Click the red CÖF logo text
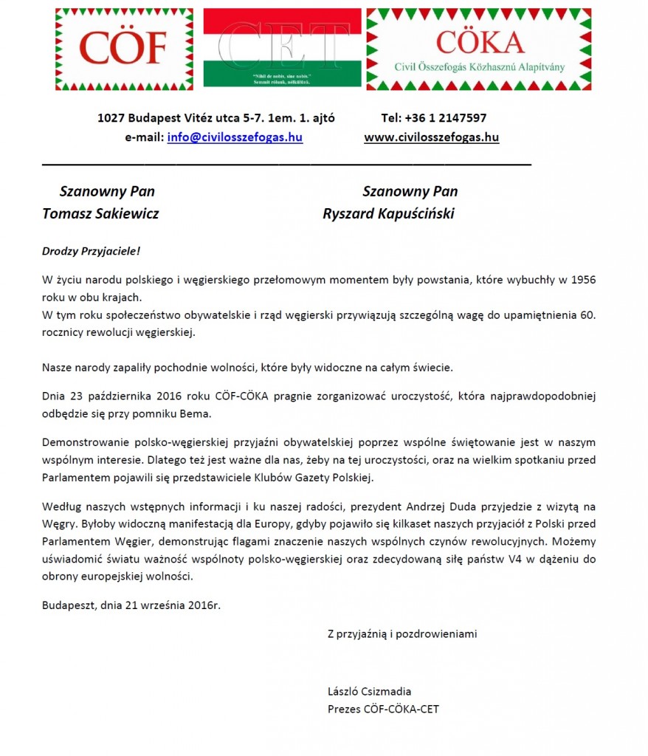(124, 48)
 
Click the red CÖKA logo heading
(479, 42)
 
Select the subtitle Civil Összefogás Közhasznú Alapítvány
(480, 67)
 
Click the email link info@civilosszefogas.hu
(235, 137)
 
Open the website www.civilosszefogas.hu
(432, 137)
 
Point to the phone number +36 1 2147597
(434, 118)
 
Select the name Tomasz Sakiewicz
(100, 214)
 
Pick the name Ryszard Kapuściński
(388, 214)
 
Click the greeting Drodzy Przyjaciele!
(91, 252)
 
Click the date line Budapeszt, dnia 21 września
(131, 605)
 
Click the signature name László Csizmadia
(369, 692)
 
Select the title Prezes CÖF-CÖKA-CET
(383, 709)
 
